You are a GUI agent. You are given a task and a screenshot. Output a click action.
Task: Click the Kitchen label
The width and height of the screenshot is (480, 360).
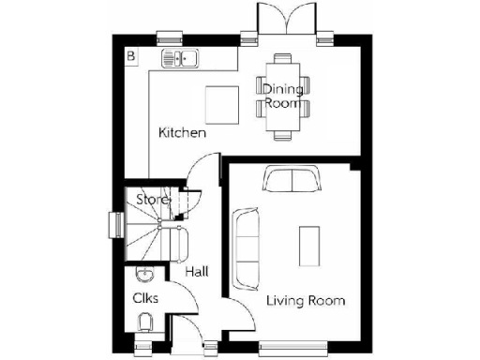[182, 133]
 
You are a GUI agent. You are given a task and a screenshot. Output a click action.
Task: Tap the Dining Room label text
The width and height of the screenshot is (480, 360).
[282, 97]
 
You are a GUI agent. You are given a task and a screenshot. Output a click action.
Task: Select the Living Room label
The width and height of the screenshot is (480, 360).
[306, 301]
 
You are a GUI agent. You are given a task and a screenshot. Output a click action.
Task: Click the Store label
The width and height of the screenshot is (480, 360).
[152, 200]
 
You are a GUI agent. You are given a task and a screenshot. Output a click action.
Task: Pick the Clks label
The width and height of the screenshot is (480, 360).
[145, 298]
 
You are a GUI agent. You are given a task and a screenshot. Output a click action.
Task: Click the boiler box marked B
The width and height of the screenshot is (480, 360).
[131, 57]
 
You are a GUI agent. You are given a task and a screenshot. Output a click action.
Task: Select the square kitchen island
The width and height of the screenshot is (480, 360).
[222, 103]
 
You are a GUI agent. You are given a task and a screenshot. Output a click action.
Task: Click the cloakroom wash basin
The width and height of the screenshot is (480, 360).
[143, 274]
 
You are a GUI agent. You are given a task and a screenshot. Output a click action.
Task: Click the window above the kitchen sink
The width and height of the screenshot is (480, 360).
[170, 38]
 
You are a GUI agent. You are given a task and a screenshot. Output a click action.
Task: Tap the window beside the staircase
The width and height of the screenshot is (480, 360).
[114, 226]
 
